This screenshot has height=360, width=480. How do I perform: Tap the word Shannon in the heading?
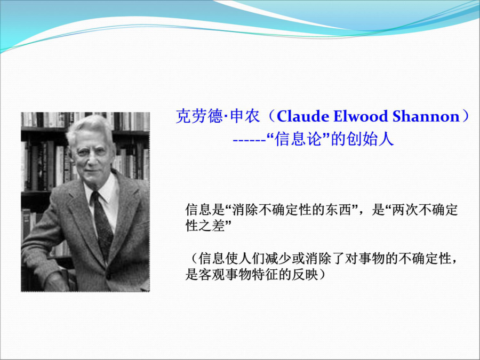coord(426,116)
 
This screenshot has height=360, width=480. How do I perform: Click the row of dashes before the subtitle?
coord(250,141)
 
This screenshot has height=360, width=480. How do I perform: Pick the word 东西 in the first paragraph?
coord(338,210)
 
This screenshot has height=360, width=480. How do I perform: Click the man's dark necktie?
coord(102,225)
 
